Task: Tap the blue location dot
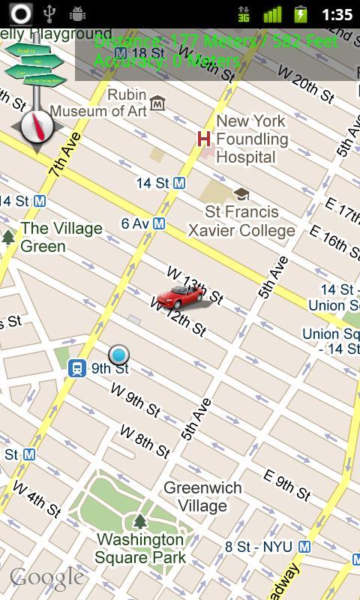point(118,355)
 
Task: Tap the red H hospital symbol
point(203,138)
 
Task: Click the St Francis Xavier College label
point(241,221)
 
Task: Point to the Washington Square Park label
point(140,548)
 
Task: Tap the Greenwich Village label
point(202,496)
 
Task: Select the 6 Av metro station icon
point(159,223)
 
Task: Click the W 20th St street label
point(305,83)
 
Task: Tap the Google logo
point(46,577)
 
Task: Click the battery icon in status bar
point(300,14)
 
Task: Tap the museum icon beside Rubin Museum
point(157,103)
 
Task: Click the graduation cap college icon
point(241,194)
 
